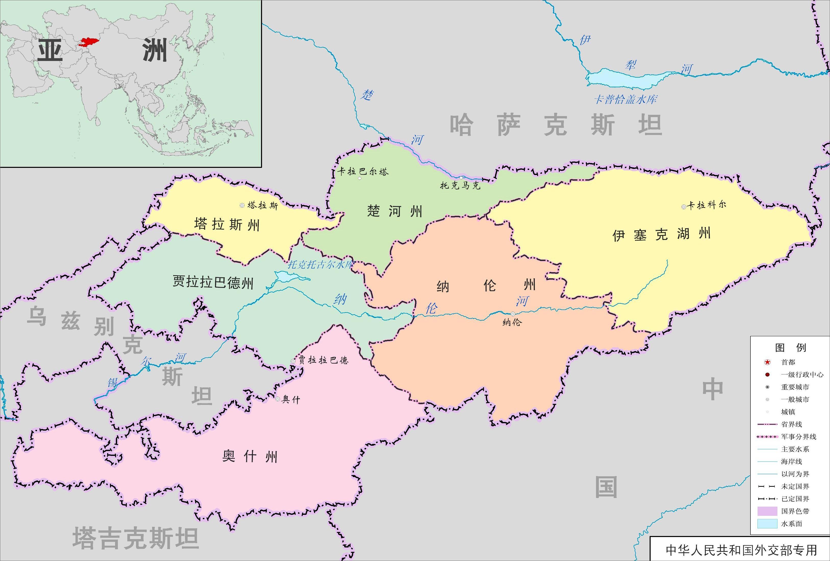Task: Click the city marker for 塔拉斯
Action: pos(242,205)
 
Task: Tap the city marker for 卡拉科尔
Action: pos(684,207)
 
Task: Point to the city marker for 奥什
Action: pos(278,399)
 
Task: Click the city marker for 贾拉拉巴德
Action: pos(293,361)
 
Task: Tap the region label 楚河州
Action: pos(395,211)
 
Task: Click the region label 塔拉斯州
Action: pos(227,225)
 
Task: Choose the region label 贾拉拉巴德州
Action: pos(213,282)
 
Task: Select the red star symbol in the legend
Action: pos(767,362)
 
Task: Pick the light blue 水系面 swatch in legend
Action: pos(767,523)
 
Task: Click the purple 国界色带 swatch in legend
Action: pos(767,511)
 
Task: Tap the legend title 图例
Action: pos(790,347)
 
